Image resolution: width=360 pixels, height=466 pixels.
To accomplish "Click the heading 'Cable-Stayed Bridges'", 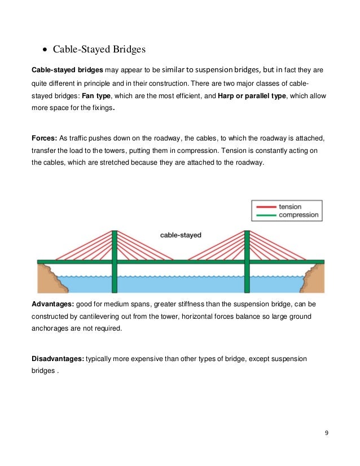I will pyautogui.click(x=99, y=49).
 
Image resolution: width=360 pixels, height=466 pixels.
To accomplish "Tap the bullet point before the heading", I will pyautogui.click(x=45, y=50).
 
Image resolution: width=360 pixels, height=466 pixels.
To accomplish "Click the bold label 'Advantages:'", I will pyautogui.click(x=54, y=304).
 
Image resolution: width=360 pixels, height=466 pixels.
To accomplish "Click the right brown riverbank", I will pyautogui.click(x=314, y=279).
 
